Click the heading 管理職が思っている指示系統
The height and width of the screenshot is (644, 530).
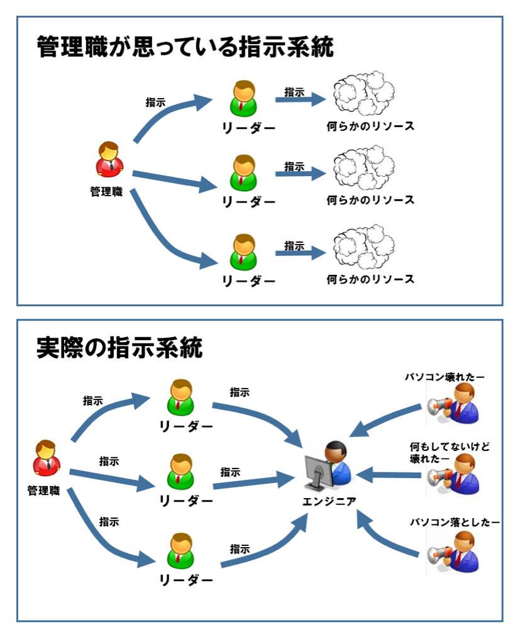point(185,48)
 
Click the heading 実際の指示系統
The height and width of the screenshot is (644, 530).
point(119,348)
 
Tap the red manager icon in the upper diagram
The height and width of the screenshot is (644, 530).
point(109,160)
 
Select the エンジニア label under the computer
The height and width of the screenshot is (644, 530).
point(329,501)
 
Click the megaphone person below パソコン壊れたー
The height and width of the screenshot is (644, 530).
point(454,404)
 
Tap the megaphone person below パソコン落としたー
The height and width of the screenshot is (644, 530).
point(454,551)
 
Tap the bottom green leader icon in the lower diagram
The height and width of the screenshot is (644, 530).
point(182,552)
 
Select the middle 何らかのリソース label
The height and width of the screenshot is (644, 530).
point(370,201)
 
